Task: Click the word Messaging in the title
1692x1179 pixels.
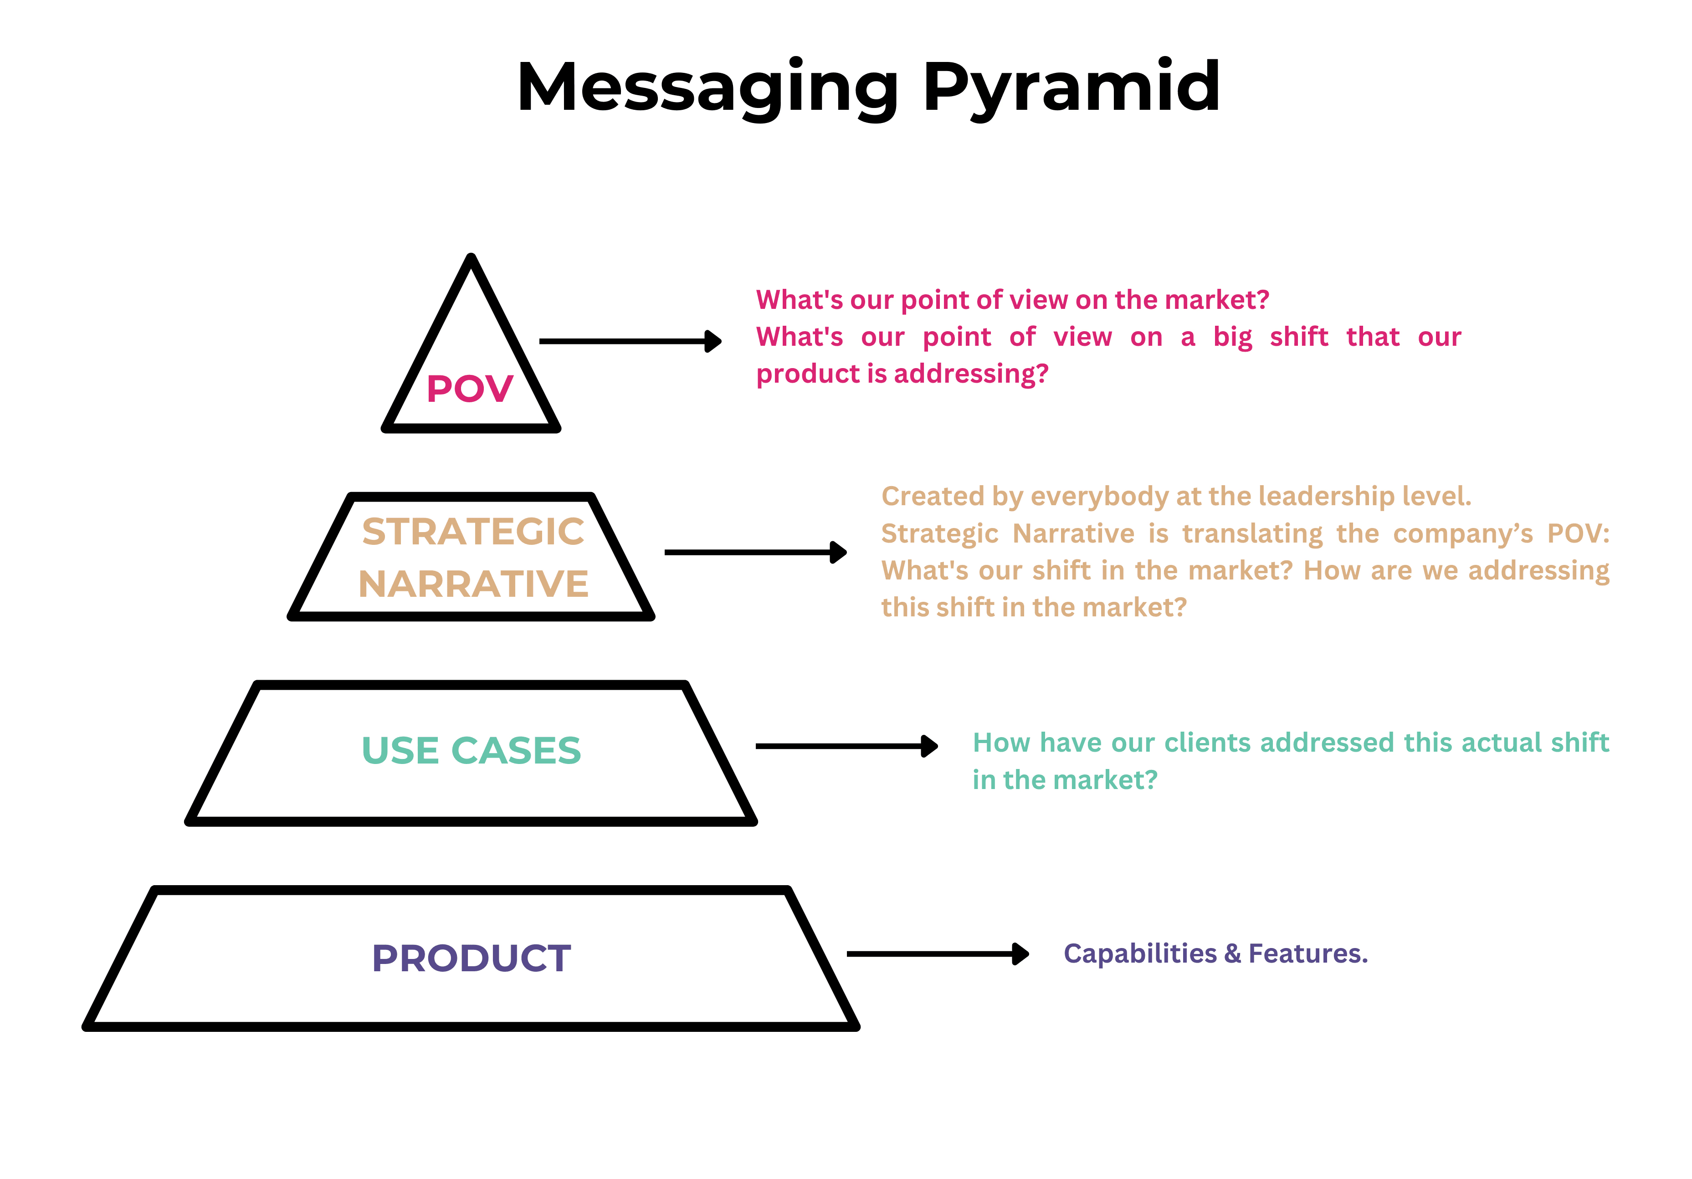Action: (x=708, y=88)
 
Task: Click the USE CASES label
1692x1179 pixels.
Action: (x=471, y=750)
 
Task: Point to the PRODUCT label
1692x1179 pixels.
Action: (x=471, y=958)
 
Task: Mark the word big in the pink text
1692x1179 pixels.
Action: (x=1232, y=338)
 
